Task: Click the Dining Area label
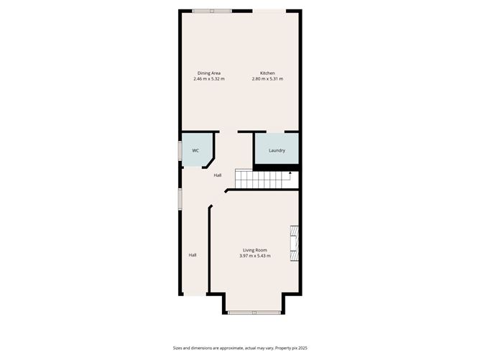[209, 73]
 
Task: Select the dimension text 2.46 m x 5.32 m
[209, 78]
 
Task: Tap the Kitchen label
[267, 73]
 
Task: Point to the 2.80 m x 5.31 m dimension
[267, 78]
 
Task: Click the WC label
[195, 150]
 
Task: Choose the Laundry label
[277, 150]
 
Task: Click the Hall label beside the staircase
[217, 175]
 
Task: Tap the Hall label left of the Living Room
[193, 254]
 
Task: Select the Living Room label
[254, 249]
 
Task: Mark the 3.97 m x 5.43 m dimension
[254, 255]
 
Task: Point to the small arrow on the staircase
[290, 173]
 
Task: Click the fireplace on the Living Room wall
[294, 246]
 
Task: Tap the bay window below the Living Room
[254, 312]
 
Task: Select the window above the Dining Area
[212, 10]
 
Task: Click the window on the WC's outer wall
[180, 151]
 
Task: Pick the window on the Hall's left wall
[180, 198]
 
